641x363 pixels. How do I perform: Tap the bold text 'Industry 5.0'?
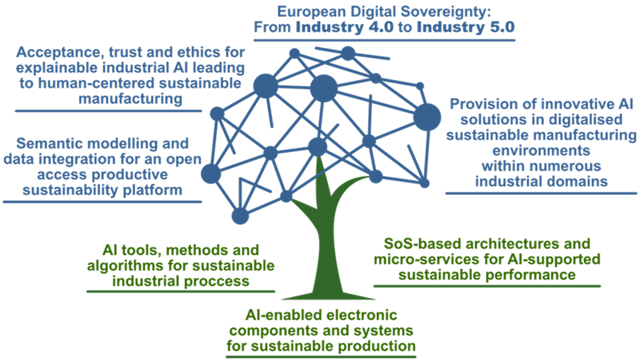point(465,26)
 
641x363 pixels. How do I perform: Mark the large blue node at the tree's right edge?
point(427,117)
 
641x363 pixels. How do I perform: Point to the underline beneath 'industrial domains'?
point(541,193)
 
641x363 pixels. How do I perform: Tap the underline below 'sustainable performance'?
point(487,286)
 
